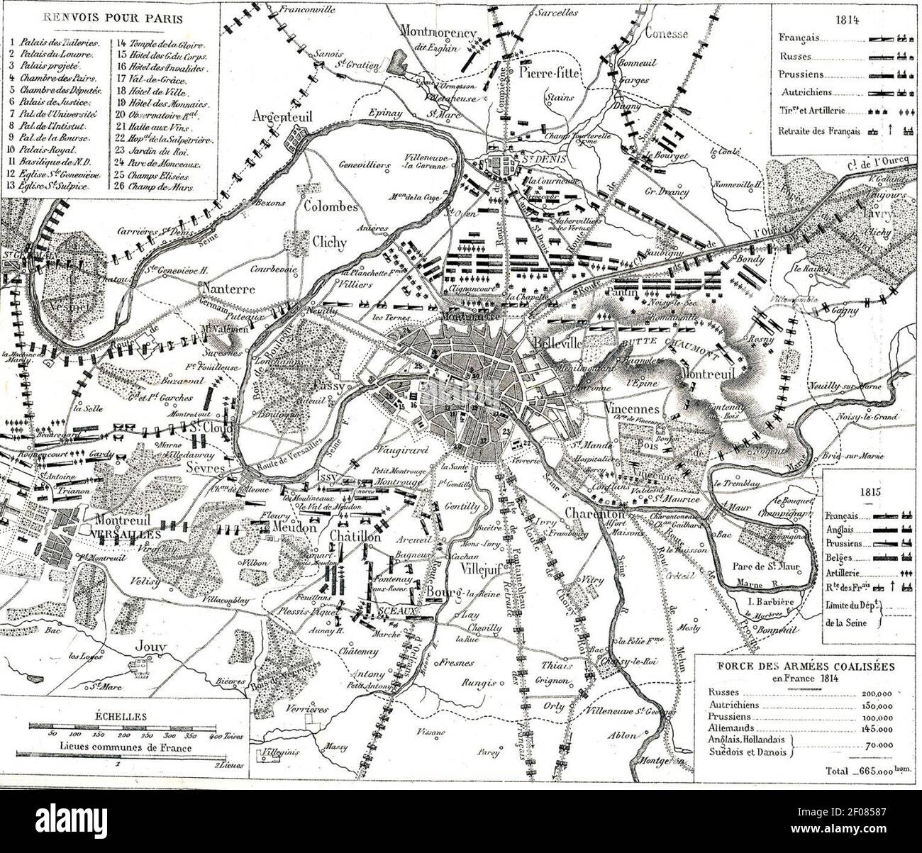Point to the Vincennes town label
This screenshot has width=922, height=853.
tap(633, 411)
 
